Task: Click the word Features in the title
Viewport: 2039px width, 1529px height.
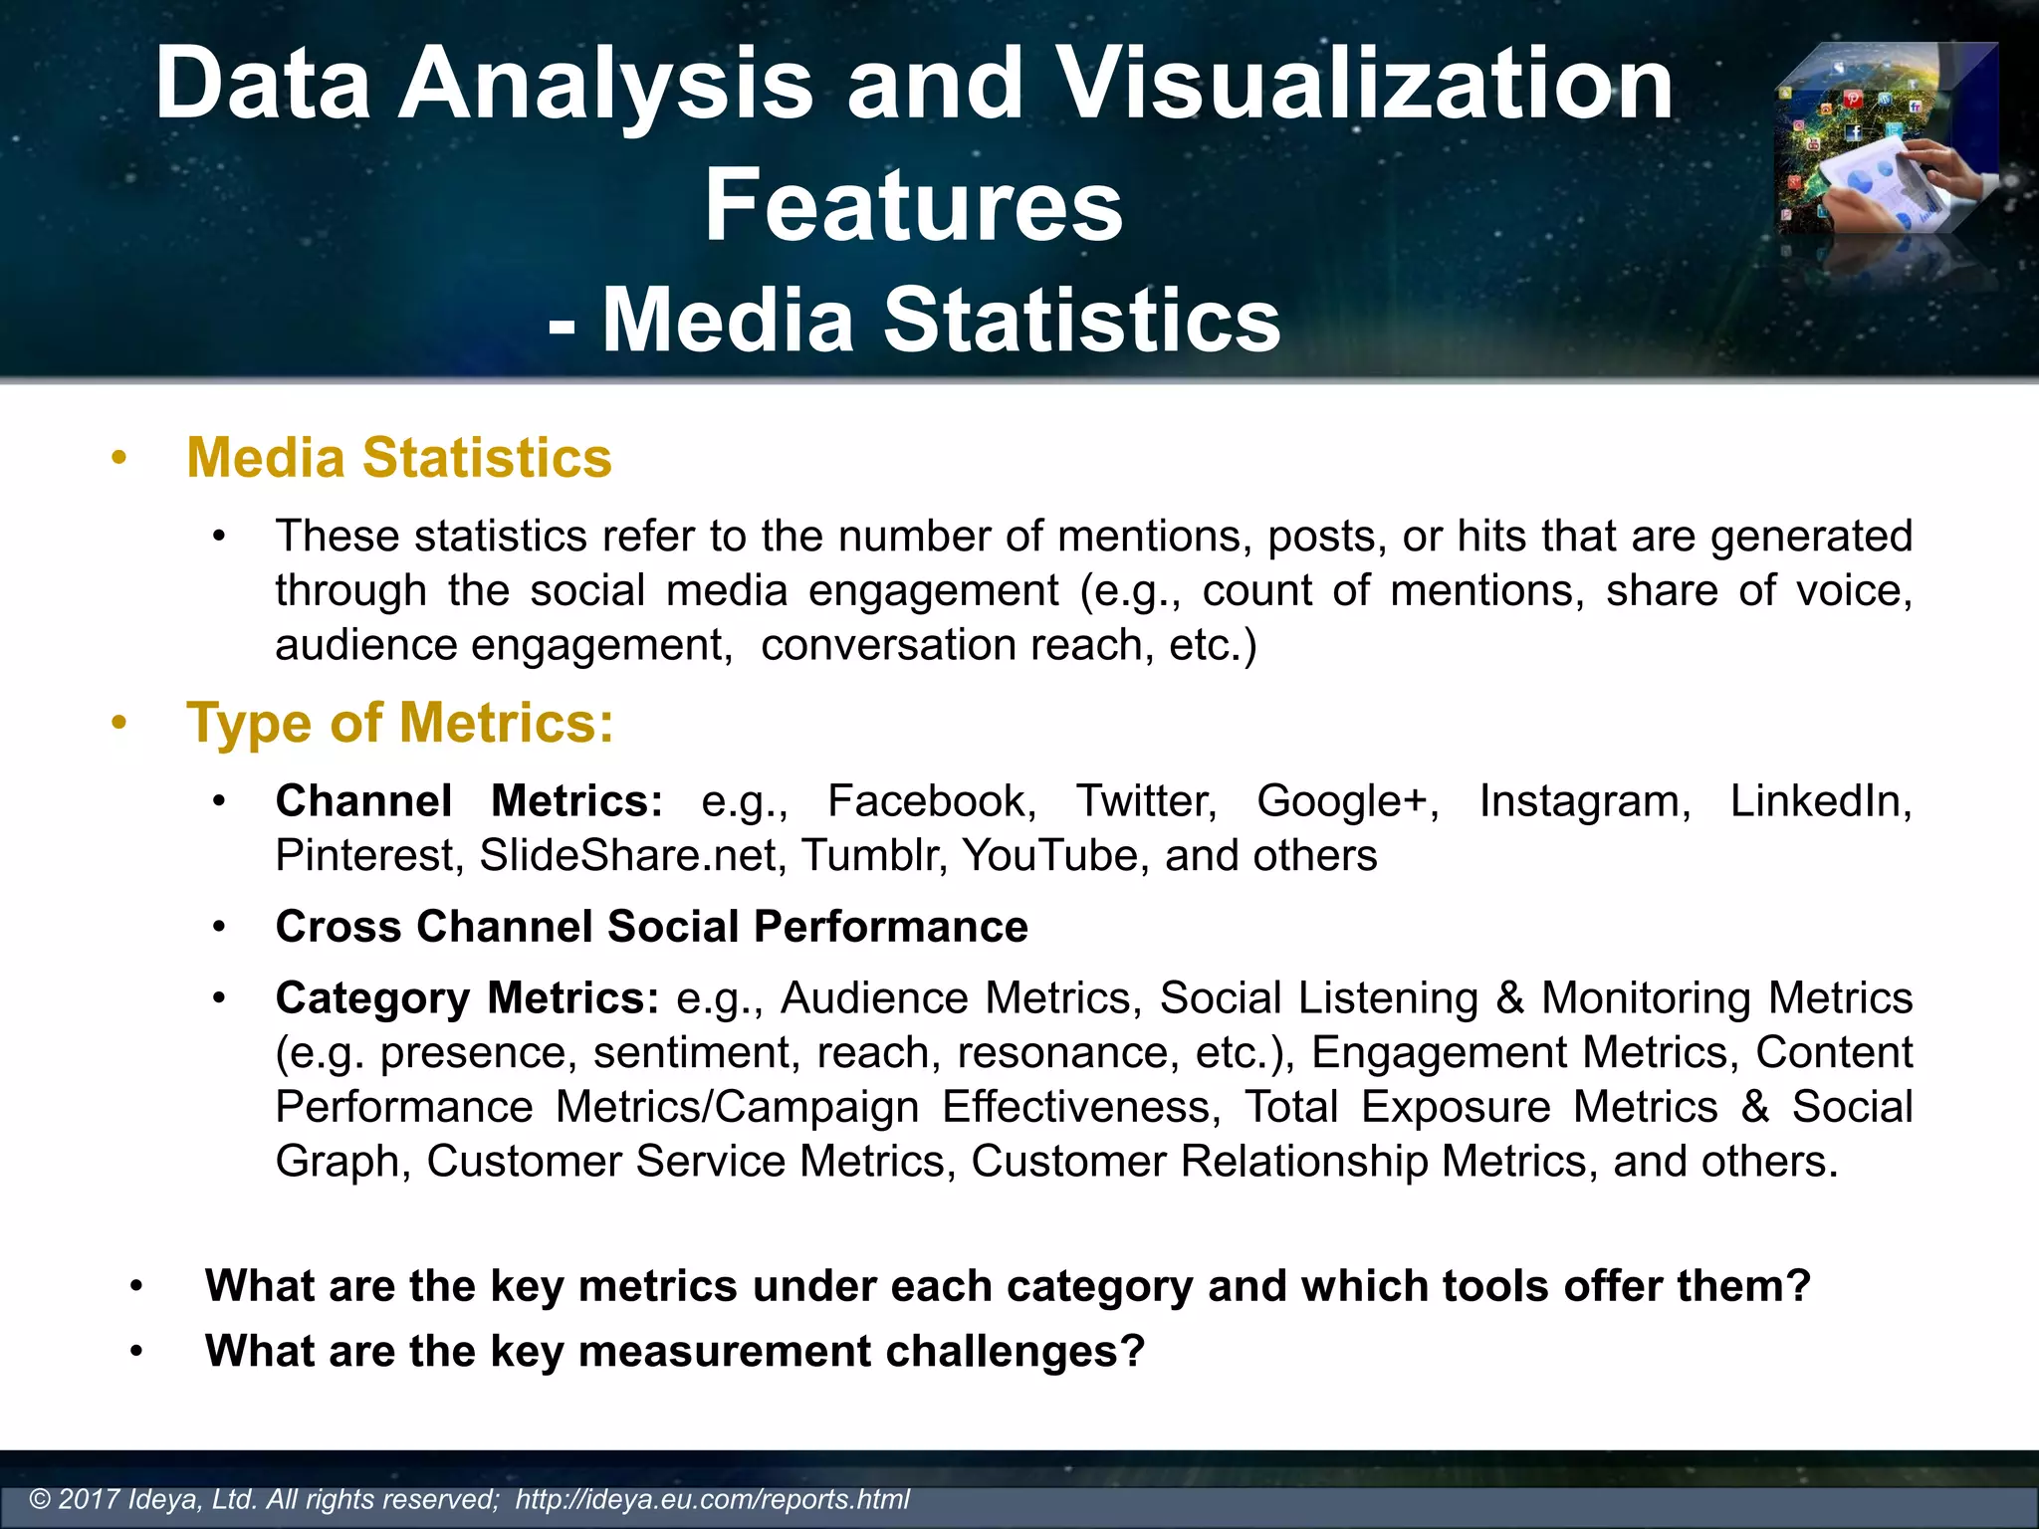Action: (913, 206)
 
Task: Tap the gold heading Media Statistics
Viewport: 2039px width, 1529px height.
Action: (399, 458)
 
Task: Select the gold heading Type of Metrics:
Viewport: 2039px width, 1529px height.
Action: (400, 723)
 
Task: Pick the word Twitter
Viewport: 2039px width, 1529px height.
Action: (1146, 801)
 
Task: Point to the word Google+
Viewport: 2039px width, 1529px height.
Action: (1347, 801)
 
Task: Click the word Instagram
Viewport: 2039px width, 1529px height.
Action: (1584, 801)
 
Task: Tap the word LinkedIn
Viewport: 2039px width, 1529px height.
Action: (1820, 801)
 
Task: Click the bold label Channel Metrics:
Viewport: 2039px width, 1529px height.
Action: (469, 801)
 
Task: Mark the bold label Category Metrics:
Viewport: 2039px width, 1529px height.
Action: (467, 998)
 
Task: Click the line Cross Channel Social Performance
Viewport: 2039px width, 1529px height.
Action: (651, 927)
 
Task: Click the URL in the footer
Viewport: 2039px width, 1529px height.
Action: (712, 1499)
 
